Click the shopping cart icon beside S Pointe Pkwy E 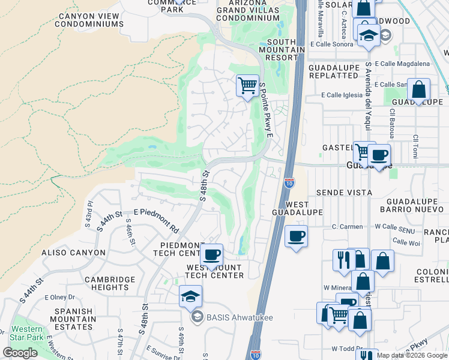(247, 86)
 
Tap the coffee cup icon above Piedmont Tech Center (211, 255)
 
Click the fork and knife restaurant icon (343, 260)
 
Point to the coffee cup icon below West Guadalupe (295, 236)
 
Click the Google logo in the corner (20, 353)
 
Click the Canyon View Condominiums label (89, 20)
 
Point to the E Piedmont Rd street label (157, 220)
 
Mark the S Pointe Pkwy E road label (265, 111)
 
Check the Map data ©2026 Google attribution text (412, 355)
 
